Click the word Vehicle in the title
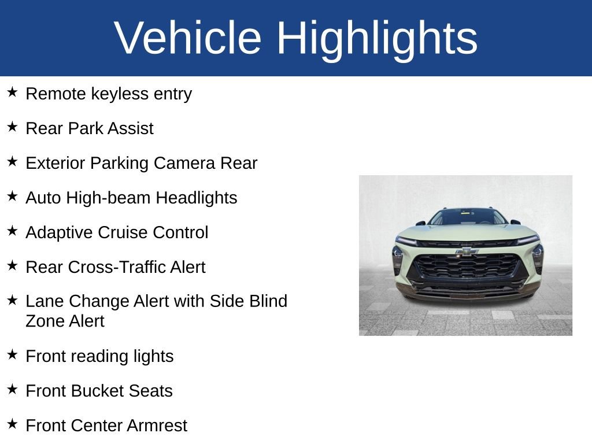pos(188,38)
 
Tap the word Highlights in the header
pos(377,38)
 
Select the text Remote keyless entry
pos(109,94)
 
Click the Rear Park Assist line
pos(90,128)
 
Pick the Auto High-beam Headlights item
pos(131,198)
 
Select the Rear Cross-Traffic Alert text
pos(116,267)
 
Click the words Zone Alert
pos(65,321)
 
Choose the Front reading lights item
pos(99,356)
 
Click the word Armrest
pos(157,425)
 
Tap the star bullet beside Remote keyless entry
pos(13,92)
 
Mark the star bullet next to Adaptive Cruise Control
pos(13,231)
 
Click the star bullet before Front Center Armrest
pos(13,424)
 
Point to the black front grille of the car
pos(467,267)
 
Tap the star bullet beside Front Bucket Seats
pos(13,390)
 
